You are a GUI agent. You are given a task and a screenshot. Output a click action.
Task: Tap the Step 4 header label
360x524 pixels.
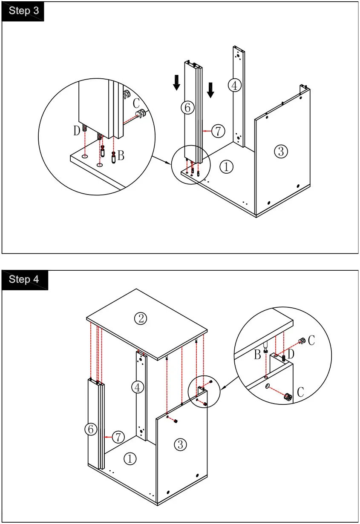pos(24,280)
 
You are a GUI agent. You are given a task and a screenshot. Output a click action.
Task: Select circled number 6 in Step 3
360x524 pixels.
pos(187,108)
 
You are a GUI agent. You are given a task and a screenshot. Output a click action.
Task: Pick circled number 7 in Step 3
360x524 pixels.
pos(218,131)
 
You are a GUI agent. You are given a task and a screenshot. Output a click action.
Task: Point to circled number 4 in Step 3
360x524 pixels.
pos(234,85)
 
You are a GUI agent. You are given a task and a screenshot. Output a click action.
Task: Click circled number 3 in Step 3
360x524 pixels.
pos(281,151)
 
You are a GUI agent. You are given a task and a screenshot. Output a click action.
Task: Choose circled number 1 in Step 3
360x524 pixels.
pos(226,167)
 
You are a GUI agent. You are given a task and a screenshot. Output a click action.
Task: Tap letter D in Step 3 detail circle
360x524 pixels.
pos(77,131)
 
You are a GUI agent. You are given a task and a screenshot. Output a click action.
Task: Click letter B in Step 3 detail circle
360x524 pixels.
pos(121,156)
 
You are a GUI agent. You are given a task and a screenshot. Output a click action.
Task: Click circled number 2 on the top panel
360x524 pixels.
pos(141,318)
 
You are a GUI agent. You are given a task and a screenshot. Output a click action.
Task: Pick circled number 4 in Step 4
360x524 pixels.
pos(137,387)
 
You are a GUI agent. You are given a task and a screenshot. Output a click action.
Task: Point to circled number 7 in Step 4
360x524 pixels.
pos(118,437)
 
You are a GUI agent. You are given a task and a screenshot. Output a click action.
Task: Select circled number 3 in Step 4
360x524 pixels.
pos(181,445)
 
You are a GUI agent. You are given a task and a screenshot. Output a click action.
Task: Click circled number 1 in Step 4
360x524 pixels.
pos(130,458)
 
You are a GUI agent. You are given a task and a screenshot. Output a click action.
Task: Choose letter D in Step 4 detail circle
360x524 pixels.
pos(291,353)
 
